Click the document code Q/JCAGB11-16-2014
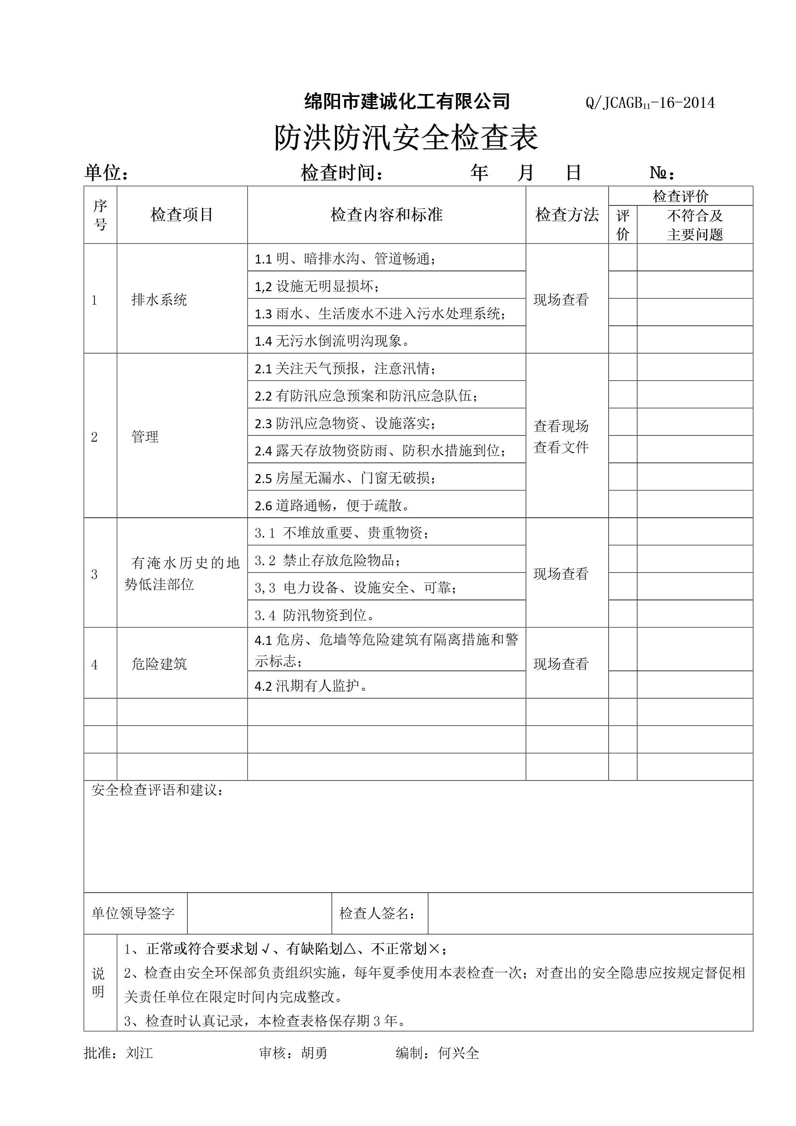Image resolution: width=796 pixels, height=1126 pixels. (x=650, y=103)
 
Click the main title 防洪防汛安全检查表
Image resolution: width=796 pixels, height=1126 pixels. (x=406, y=137)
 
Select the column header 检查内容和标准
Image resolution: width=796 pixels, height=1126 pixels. (x=386, y=215)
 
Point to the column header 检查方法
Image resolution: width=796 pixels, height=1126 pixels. (x=567, y=215)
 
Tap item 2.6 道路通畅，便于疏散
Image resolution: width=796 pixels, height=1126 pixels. (x=332, y=505)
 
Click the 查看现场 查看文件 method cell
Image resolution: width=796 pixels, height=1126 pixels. (x=561, y=437)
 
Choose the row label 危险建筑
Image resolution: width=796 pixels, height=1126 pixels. (x=159, y=664)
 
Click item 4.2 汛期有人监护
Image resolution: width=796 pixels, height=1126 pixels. (x=311, y=686)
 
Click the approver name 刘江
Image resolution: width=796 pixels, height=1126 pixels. (x=139, y=1052)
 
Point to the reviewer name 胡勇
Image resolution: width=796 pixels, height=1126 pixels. (x=314, y=1052)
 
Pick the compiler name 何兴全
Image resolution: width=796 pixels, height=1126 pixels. (x=459, y=1052)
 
